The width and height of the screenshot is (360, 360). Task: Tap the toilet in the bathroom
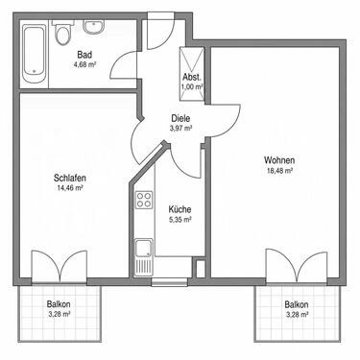(x=62, y=33)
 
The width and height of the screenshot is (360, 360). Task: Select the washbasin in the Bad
(x=94, y=26)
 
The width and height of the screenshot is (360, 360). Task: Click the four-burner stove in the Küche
(x=144, y=200)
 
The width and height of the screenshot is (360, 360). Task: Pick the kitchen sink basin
(x=144, y=248)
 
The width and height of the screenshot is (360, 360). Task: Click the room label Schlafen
(x=70, y=178)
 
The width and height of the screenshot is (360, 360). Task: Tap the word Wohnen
(x=279, y=160)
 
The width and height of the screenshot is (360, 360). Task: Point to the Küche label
(x=180, y=209)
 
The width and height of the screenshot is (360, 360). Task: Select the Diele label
(x=180, y=118)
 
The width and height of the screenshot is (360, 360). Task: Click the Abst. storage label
(x=192, y=77)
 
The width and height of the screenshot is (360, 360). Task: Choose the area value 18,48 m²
(x=280, y=171)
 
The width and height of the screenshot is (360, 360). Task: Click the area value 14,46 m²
(x=70, y=188)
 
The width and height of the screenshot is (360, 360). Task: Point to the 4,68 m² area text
(x=84, y=64)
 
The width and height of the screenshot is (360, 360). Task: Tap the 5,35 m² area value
(x=180, y=220)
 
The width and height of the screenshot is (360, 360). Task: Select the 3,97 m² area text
(x=180, y=129)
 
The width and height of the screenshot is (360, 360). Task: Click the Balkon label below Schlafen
(x=59, y=303)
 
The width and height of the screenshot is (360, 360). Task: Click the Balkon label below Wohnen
(x=297, y=304)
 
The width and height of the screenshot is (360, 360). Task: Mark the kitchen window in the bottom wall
(x=169, y=282)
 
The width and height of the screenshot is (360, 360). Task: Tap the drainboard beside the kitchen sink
(x=144, y=267)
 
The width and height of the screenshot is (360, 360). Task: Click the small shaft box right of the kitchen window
(x=200, y=269)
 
